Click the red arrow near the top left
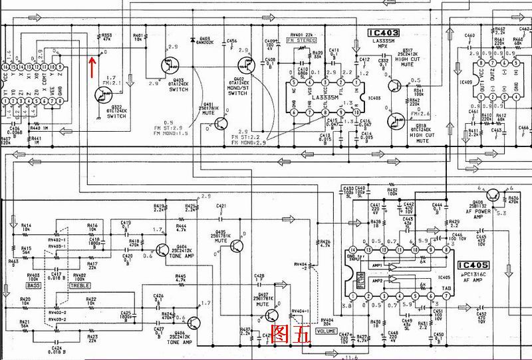[92, 63]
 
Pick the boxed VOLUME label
[326, 331]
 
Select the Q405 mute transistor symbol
[237, 246]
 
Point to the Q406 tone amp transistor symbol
[194, 323]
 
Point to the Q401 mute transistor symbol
[220, 122]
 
